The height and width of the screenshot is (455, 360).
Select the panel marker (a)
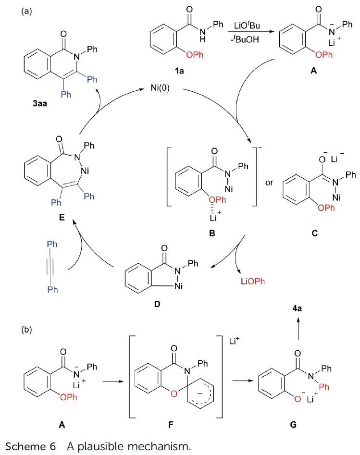pyautogui.click(x=26, y=11)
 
